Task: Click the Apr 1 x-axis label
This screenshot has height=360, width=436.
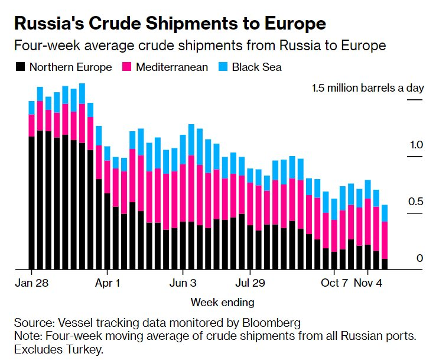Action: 108,282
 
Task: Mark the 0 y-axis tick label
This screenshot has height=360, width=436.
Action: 419,258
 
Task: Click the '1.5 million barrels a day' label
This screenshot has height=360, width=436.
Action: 368,89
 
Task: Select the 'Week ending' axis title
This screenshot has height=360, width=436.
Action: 222,303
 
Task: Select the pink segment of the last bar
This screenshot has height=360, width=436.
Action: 385,240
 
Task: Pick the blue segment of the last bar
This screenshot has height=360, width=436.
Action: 385,213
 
